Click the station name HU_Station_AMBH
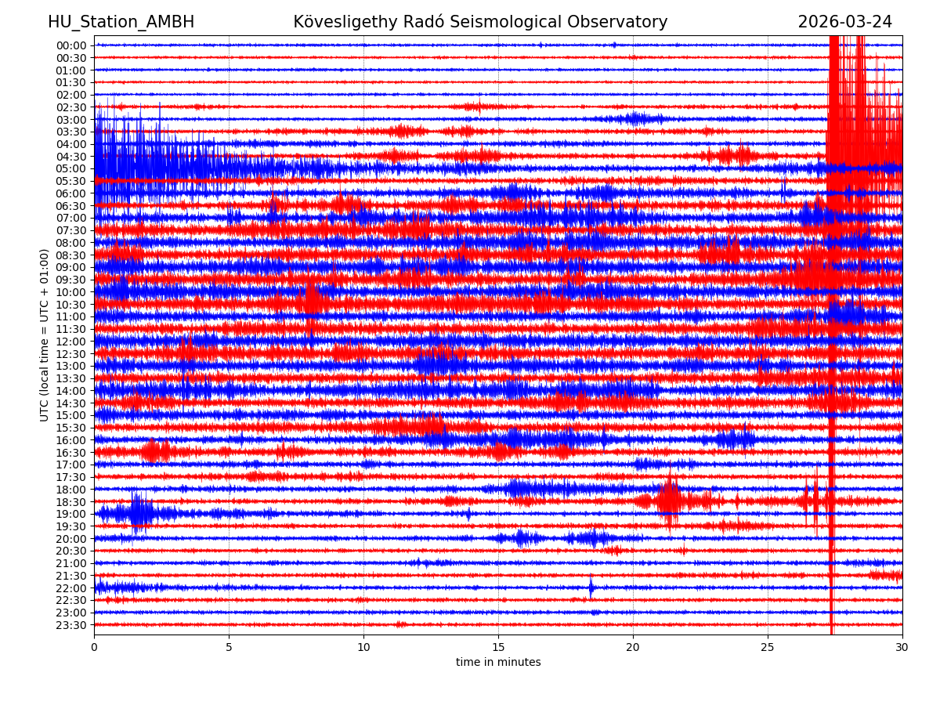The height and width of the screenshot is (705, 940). (121, 22)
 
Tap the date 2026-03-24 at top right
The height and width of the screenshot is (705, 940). (844, 22)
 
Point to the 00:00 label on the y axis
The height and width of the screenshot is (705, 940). (71, 45)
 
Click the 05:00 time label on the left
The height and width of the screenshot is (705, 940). (71, 168)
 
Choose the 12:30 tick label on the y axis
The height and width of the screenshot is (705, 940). (71, 354)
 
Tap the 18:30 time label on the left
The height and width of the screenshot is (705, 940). (71, 502)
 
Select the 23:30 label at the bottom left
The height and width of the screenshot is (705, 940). (71, 625)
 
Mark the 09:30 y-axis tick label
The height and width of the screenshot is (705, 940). (71, 280)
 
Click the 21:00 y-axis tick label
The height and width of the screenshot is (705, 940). (71, 563)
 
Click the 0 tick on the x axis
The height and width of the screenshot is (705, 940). (94, 648)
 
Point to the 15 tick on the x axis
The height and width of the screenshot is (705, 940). (498, 648)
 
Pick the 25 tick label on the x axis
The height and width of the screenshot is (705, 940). (768, 648)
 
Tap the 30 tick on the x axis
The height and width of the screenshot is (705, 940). (902, 648)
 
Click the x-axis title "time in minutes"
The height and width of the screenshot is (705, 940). (498, 663)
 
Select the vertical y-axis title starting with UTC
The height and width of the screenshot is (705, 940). (45, 334)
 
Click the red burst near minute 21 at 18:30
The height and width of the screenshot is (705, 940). (670, 501)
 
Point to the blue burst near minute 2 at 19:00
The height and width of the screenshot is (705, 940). (139, 513)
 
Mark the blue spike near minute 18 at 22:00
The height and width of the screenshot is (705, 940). (591, 587)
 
